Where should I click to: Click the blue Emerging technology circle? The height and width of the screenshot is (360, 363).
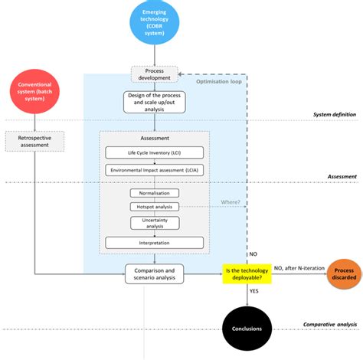coord(155,22)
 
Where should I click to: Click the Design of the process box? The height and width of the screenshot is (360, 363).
coord(155,103)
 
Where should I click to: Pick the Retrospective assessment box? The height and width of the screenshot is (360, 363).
coord(35,141)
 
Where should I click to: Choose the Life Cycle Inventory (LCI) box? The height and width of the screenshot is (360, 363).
coord(155,152)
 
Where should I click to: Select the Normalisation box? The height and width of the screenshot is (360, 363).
coord(155,192)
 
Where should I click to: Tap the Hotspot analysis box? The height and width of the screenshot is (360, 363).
coord(155,207)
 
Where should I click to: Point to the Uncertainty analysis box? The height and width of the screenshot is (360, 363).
coord(155,223)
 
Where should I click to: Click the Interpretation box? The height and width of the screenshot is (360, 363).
coord(155,243)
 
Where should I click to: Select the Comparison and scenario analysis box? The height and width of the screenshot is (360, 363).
coord(155,273)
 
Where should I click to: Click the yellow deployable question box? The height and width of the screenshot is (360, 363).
coord(247,273)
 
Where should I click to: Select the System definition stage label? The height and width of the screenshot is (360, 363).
coord(335,115)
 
